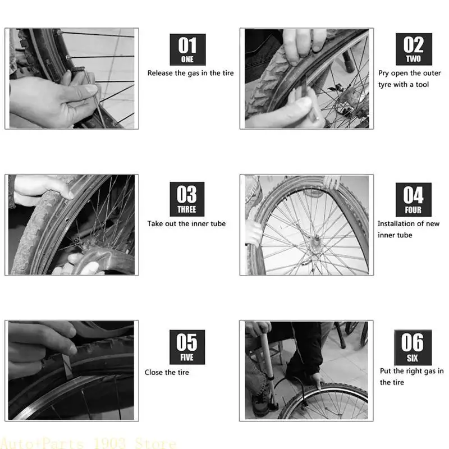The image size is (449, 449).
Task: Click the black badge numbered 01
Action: click(187, 50)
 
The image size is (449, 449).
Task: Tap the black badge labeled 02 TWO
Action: click(414, 50)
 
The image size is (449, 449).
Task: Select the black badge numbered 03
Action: click(187, 199)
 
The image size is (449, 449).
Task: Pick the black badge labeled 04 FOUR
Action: click(413, 199)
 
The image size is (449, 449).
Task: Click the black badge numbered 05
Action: click(187, 347)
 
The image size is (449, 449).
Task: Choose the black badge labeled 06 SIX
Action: click(413, 347)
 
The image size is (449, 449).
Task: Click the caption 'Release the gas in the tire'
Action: click(190, 73)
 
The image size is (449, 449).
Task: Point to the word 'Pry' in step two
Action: click(384, 73)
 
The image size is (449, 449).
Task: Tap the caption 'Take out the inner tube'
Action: click(186, 223)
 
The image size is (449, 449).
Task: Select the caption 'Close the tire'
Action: click(167, 372)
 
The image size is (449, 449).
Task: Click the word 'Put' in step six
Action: click(386, 371)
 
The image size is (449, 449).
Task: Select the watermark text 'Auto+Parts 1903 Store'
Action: click(88, 443)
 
